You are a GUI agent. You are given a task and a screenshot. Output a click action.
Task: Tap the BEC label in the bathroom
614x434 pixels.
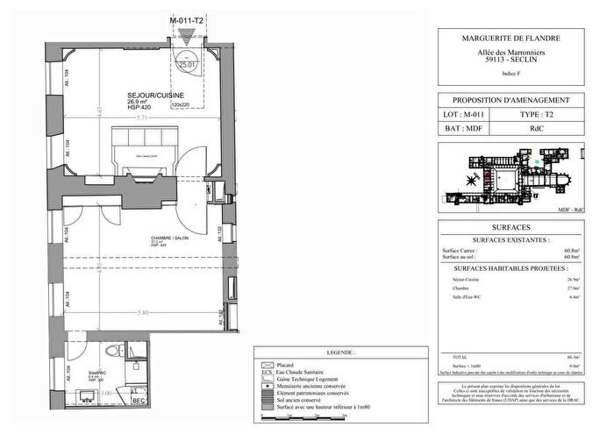[137, 402]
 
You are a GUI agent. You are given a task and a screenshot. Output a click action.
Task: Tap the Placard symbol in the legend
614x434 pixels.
[264, 364]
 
